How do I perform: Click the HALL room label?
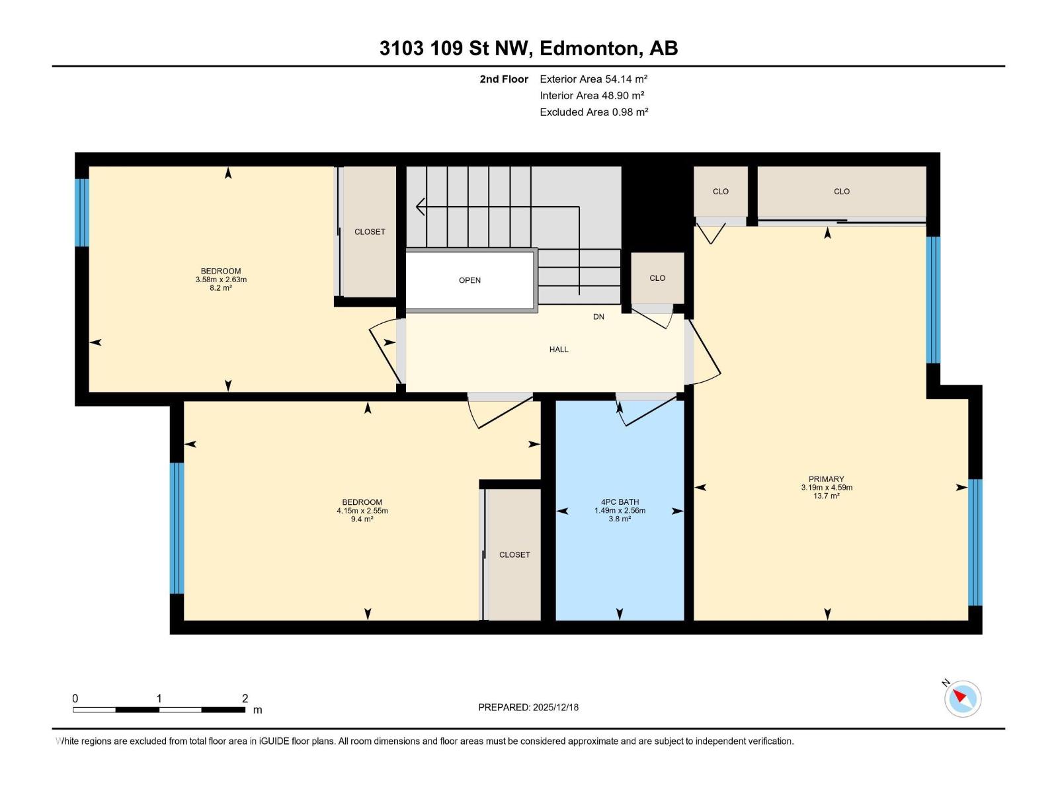(559, 350)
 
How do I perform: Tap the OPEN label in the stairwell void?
(469, 280)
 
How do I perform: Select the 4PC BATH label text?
(620, 502)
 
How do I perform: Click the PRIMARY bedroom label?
(826, 479)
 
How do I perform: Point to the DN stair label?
(598, 317)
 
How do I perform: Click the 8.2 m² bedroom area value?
(221, 288)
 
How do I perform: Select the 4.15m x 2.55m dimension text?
(362, 511)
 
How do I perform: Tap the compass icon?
(963, 699)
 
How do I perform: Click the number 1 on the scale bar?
(159, 699)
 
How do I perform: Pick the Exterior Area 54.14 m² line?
(593, 79)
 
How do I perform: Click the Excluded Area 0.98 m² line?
(593, 112)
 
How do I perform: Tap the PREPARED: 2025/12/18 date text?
(528, 707)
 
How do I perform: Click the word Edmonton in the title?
(589, 48)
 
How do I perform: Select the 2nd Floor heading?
(504, 79)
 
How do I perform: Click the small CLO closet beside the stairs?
(657, 278)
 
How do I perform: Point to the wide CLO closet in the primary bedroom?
(841, 192)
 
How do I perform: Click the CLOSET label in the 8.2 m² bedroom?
(370, 232)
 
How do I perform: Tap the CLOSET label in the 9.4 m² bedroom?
(514, 555)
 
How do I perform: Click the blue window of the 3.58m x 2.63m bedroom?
(81, 212)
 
